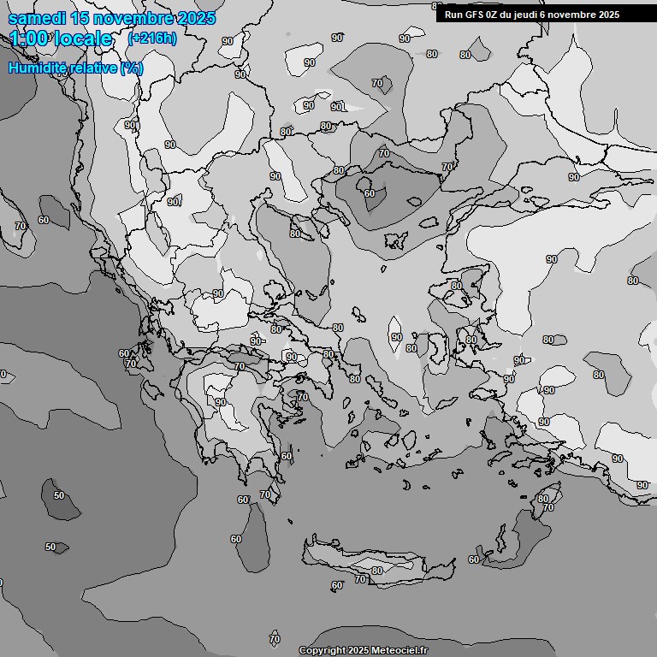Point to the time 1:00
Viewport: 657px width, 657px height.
pos(30,38)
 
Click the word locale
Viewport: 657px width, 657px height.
pos(83,38)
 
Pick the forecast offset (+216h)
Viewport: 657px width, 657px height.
pos(151,38)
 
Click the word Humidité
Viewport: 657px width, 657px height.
pos(37,68)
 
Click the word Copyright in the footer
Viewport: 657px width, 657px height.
pos(323,650)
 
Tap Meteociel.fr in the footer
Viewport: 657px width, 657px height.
pos(400,650)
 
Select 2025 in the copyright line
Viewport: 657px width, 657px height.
pos(359,650)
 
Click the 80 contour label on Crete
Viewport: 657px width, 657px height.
pos(377,571)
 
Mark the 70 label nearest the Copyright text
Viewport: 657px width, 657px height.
pos(275,638)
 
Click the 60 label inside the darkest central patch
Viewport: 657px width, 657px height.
pos(370,193)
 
